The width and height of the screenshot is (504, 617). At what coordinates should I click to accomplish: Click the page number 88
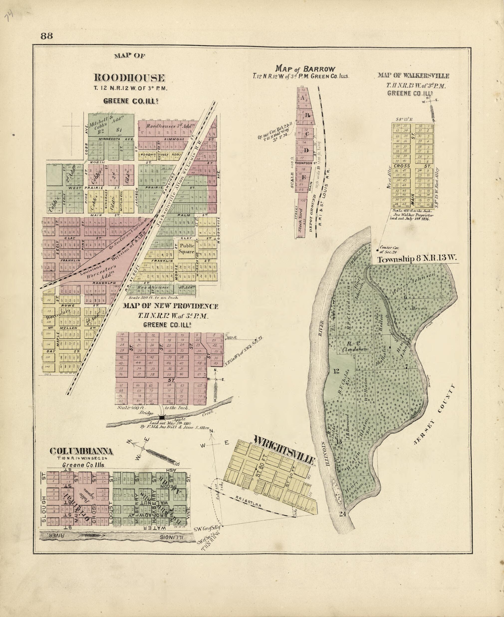(x=47, y=36)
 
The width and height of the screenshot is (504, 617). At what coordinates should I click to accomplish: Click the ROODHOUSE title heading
(x=129, y=78)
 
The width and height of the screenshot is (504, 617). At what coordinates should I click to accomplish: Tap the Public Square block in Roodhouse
(x=186, y=249)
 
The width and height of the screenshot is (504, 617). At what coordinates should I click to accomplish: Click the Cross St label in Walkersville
(x=412, y=166)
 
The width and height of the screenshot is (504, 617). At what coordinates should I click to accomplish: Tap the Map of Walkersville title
(x=413, y=76)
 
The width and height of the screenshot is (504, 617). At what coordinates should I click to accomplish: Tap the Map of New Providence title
(x=170, y=306)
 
